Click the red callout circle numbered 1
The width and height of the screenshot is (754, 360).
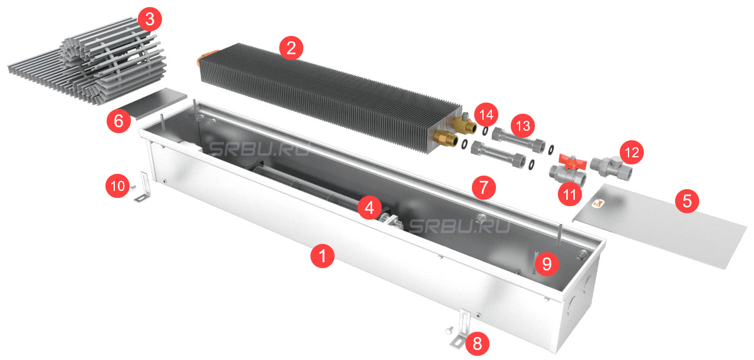click(x=322, y=256)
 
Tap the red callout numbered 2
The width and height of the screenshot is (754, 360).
click(x=291, y=48)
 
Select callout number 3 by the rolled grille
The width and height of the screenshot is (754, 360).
click(x=150, y=19)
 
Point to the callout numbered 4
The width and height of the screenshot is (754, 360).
click(x=369, y=207)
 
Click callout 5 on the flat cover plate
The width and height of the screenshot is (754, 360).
click(x=687, y=201)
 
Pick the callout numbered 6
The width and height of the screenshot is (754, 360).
click(x=119, y=121)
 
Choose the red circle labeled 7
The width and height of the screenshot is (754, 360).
click(x=484, y=187)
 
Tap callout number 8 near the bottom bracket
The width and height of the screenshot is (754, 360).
click(x=477, y=344)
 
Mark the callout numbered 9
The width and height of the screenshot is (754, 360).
click(x=547, y=264)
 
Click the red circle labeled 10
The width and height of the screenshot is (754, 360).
click(x=118, y=186)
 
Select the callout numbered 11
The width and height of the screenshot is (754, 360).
click(x=570, y=194)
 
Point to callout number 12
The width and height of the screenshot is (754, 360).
click(x=631, y=152)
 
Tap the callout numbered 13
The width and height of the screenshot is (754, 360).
click(x=522, y=126)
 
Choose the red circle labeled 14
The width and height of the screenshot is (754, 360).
click(x=487, y=115)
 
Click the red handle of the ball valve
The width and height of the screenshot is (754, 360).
click(x=572, y=161)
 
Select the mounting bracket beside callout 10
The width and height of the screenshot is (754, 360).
click(x=144, y=187)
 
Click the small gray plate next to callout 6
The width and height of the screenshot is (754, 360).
click(x=151, y=103)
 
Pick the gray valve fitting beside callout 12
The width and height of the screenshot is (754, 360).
click(x=611, y=169)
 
